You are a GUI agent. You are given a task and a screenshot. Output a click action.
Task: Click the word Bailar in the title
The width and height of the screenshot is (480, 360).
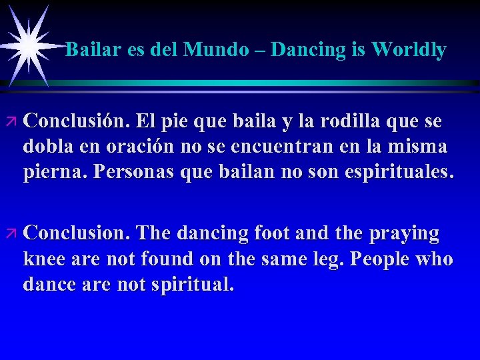tap(91, 50)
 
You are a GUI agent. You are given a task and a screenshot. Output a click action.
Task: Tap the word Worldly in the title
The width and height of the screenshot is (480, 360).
tap(409, 50)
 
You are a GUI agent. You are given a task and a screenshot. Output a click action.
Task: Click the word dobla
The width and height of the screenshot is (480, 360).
tap(49, 147)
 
